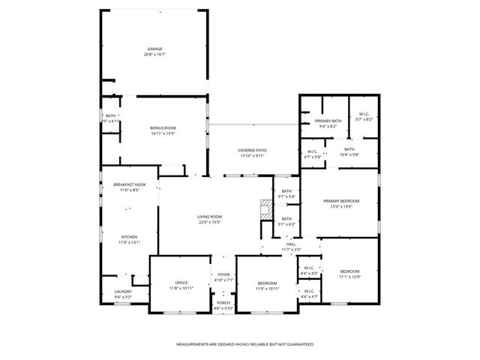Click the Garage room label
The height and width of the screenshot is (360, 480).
(154, 49)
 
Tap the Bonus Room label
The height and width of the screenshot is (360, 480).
(163, 128)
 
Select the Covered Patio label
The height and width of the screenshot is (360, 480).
(253, 150)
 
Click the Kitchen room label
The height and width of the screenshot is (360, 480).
(129, 236)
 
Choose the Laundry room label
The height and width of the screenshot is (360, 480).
(122, 292)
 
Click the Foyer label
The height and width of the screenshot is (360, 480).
(223, 274)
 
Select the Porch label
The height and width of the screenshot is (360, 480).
(223, 302)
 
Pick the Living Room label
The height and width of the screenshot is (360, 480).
(210, 216)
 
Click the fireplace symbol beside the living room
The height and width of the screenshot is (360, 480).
(265, 209)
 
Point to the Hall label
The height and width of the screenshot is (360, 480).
(291, 244)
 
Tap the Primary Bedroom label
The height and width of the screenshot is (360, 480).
(341, 201)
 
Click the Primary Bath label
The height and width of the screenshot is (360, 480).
(328, 121)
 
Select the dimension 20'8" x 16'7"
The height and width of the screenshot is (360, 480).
(154, 55)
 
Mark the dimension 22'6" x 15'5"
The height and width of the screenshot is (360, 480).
(210, 221)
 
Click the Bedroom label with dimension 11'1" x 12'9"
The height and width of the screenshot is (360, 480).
(349, 271)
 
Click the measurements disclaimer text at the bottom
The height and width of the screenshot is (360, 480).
(244, 344)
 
